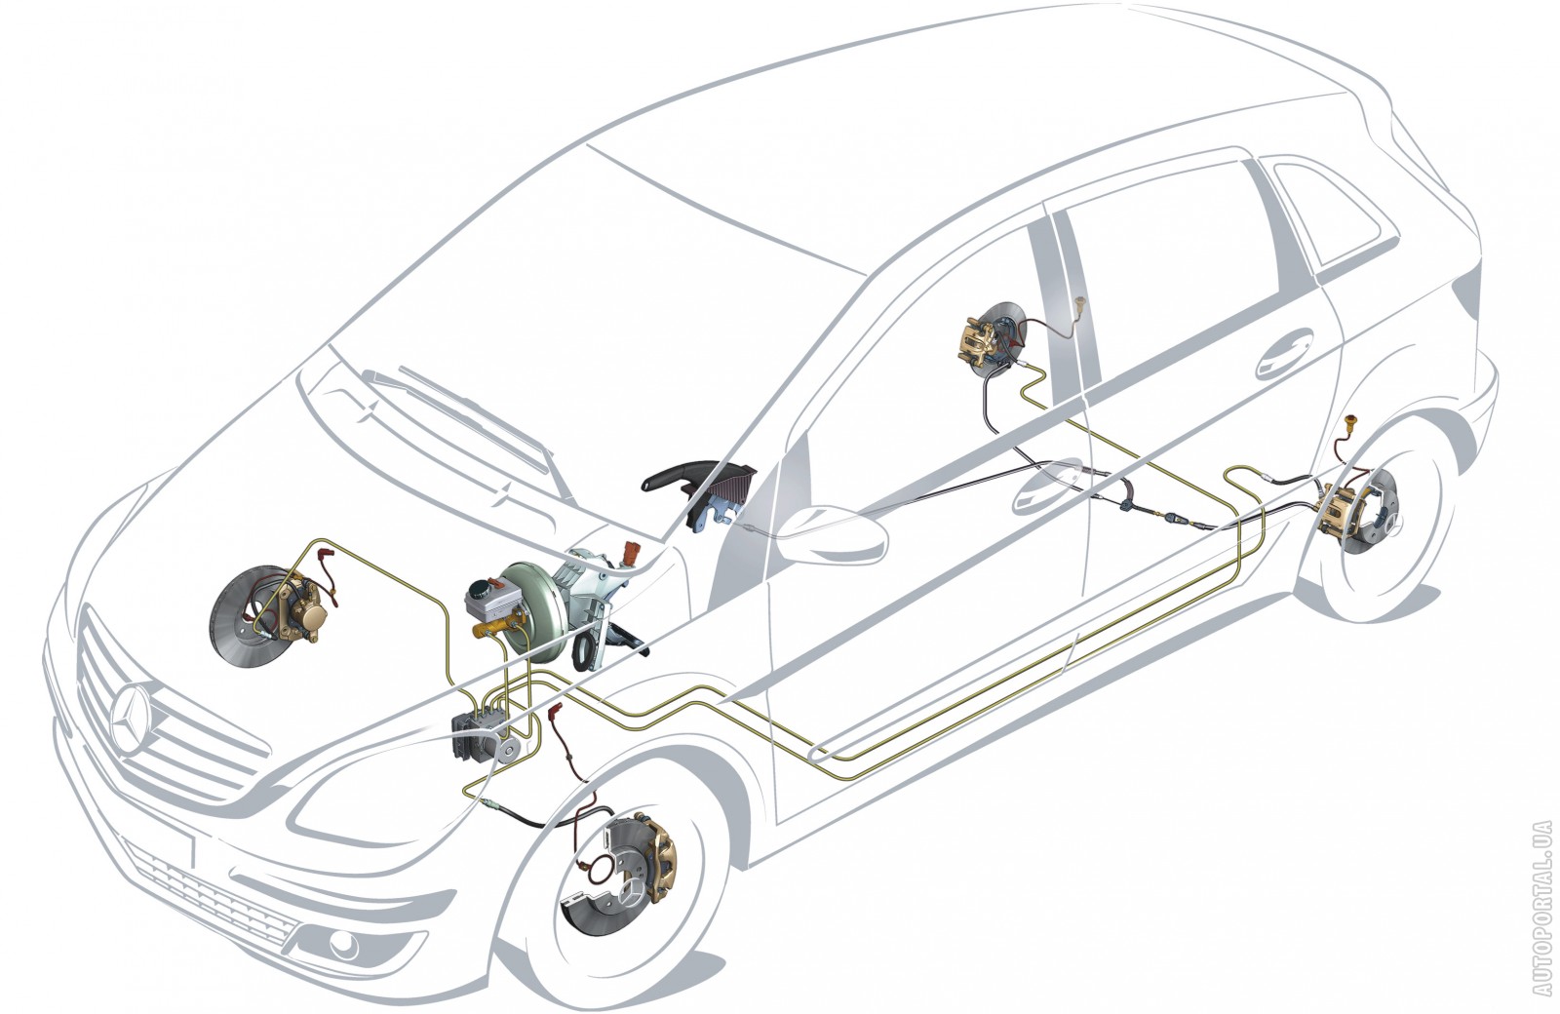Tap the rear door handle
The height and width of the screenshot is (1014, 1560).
[1285, 355]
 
